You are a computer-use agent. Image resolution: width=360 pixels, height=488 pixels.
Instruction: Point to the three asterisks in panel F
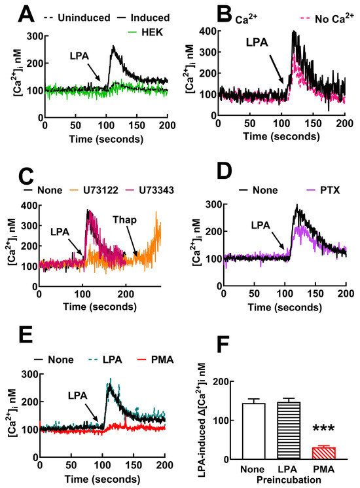coord(323,430)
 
